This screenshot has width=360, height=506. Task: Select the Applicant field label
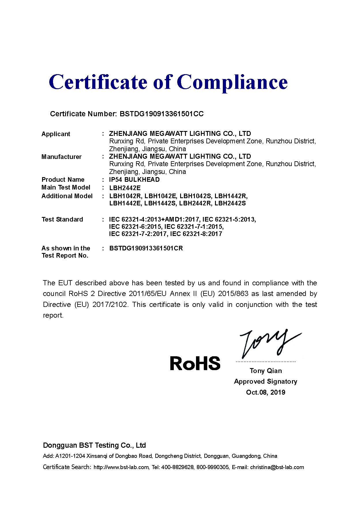click(x=56, y=134)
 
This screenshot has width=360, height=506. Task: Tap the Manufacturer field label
click(x=61, y=157)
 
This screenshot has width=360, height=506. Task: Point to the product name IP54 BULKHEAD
click(x=134, y=180)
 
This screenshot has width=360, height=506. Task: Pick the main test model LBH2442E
click(x=125, y=188)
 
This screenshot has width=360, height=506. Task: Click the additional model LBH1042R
click(x=125, y=196)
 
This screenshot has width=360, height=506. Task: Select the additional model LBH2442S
click(x=230, y=203)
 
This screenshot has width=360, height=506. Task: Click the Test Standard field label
click(x=62, y=220)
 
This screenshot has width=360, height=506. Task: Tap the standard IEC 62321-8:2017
click(x=196, y=234)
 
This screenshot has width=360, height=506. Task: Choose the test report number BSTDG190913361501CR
click(x=146, y=248)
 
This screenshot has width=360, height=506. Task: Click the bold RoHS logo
click(x=195, y=363)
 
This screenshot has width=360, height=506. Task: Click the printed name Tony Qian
click(x=266, y=371)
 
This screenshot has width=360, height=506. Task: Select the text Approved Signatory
click(x=265, y=382)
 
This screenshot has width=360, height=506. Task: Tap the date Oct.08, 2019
click(x=265, y=392)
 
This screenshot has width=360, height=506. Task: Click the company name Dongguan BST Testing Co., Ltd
click(x=94, y=445)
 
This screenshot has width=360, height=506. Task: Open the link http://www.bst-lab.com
click(x=121, y=467)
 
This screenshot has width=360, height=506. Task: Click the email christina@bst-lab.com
click(x=277, y=467)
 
